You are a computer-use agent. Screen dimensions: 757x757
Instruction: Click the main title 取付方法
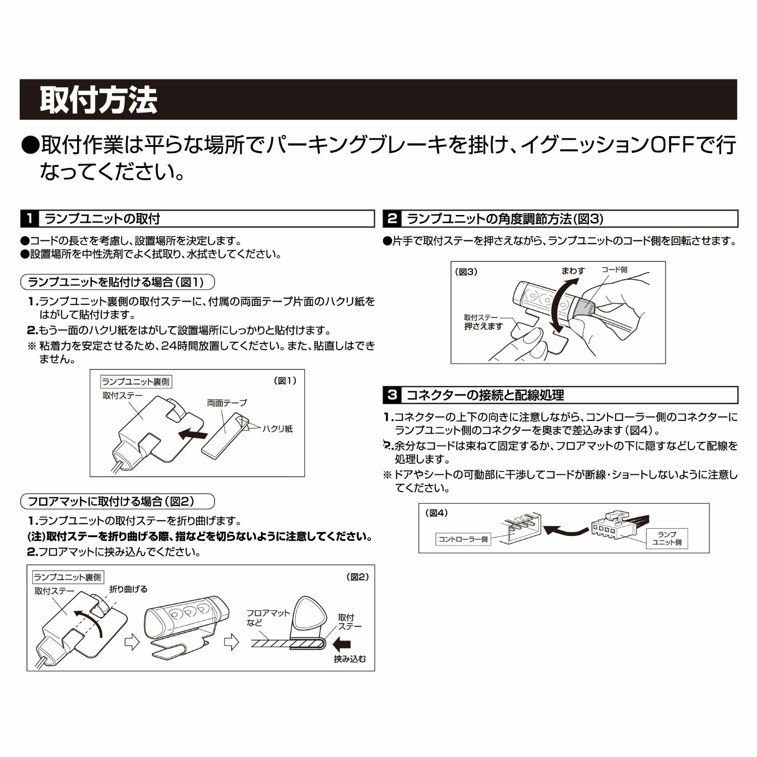pyautogui.click(x=98, y=100)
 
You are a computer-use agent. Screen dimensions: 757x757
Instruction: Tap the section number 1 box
pyautogui.click(x=30, y=219)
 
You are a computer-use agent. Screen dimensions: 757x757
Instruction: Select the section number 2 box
pyautogui.click(x=392, y=219)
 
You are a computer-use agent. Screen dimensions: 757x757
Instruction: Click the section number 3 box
pyautogui.click(x=392, y=395)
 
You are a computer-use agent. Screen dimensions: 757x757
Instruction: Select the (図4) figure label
pyautogui.click(x=437, y=513)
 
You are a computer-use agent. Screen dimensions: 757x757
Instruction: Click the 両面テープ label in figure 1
pyautogui.click(x=227, y=403)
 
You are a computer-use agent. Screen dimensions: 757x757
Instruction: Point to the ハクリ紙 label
pyautogui.click(x=277, y=429)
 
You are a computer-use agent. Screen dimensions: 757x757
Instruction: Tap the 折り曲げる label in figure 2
pyautogui.click(x=128, y=589)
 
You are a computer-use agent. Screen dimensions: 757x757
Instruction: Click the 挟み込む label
pyautogui.click(x=350, y=659)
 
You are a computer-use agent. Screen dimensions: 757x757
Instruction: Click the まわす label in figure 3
pyautogui.click(x=573, y=271)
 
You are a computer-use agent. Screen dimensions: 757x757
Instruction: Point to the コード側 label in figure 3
pyautogui.click(x=614, y=270)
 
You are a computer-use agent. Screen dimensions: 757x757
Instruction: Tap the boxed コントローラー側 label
pyautogui.click(x=463, y=539)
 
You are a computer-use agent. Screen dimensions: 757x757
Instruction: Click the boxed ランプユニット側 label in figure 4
pyautogui.click(x=667, y=538)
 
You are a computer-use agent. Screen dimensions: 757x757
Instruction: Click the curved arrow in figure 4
pyautogui.click(x=565, y=530)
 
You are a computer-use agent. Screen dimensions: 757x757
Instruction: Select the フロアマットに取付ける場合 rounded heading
pyautogui.click(x=118, y=502)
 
